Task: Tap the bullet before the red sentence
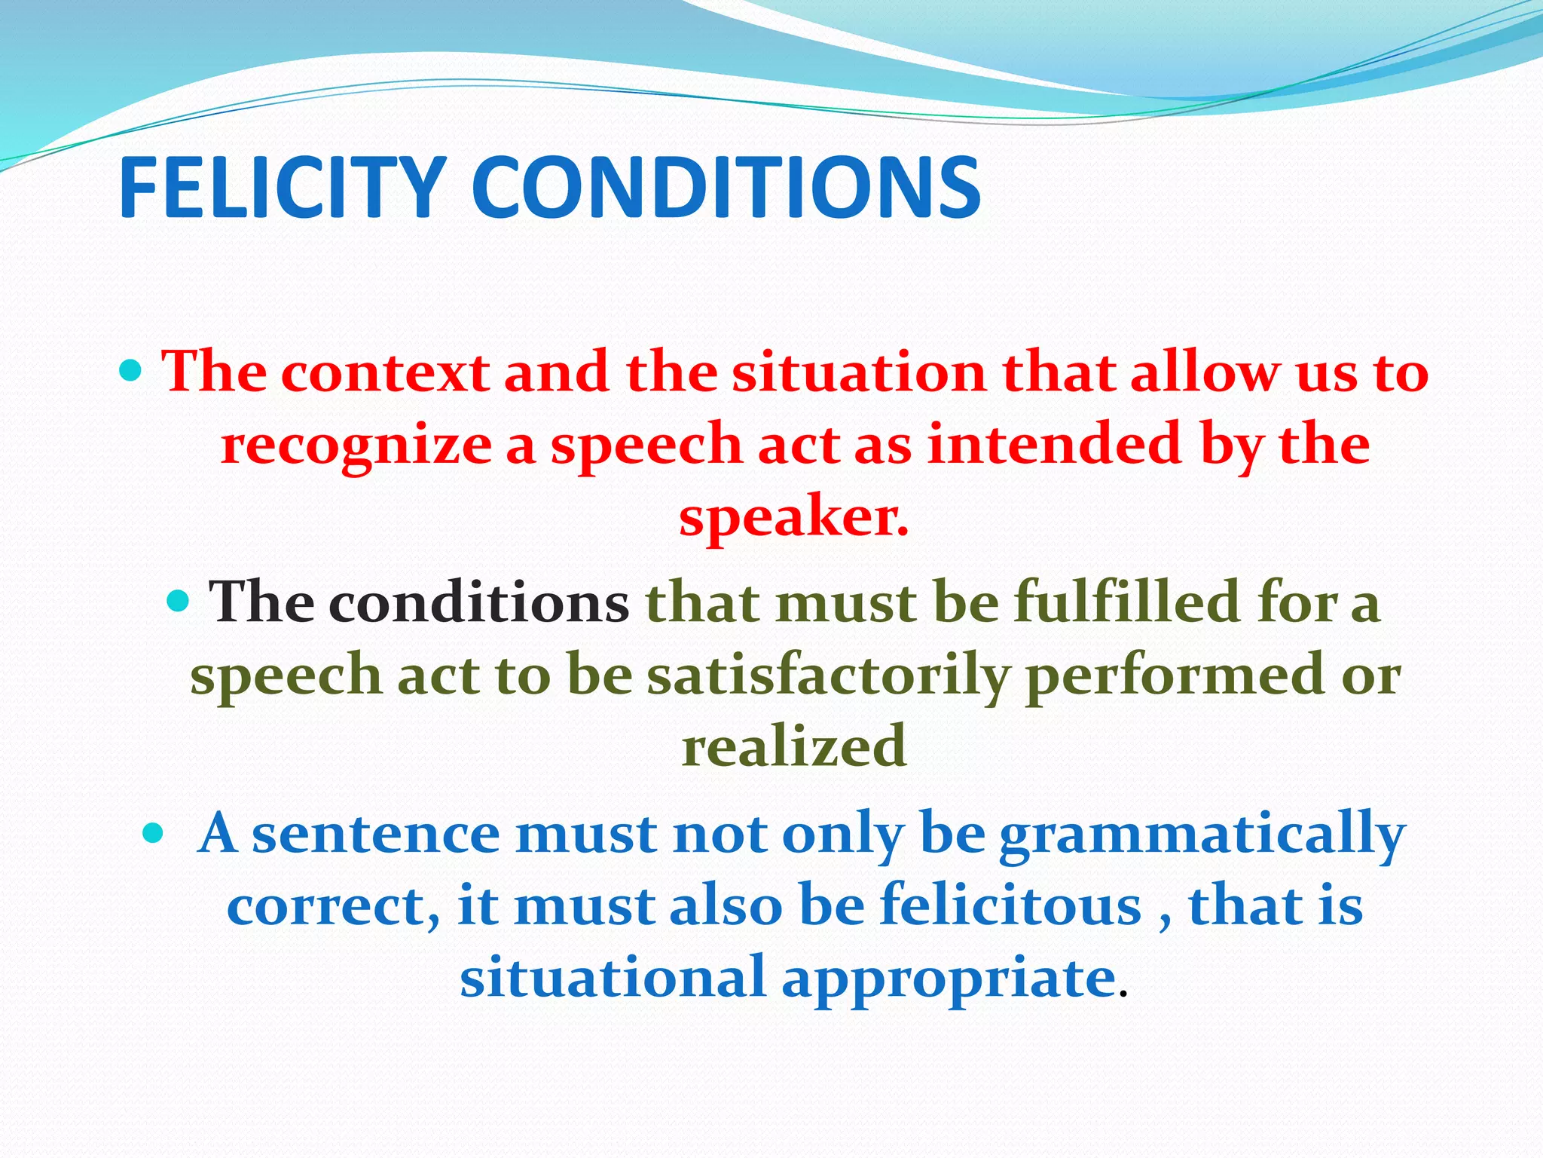(131, 370)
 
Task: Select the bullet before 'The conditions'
(178, 601)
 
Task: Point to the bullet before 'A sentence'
(153, 832)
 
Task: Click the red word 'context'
(385, 372)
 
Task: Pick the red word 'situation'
(859, 372)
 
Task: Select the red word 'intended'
(1054, 443)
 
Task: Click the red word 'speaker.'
(794, 519)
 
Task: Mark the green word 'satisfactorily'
(828, 675)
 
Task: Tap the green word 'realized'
(794, 746)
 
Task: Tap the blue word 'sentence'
(375, 834)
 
